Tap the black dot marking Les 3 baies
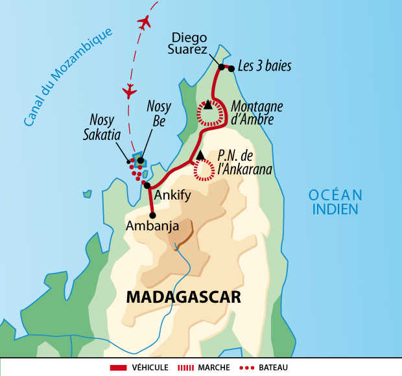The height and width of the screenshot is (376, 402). point(231,68)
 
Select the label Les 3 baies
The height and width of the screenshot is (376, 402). point(265,65)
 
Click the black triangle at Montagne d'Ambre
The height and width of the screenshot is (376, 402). point(208,104)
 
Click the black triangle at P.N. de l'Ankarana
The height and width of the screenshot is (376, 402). point(200,154)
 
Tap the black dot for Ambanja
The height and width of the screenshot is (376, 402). point(152,215)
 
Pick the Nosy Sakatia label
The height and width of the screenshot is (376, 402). point(104,129)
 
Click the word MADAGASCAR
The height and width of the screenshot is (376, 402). point(182,297)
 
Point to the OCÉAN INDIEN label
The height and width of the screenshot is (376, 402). point(335,201)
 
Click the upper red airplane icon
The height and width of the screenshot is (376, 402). point(144,21)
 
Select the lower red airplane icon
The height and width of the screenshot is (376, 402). point(129,88)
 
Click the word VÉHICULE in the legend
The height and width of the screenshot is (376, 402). point(149,368)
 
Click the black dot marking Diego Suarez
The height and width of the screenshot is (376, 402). point(221,67)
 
